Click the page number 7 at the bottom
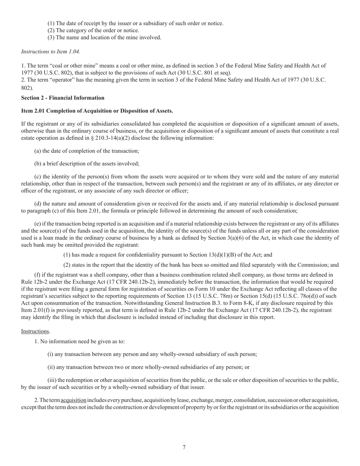[184, 447]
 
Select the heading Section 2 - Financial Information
[63, 98]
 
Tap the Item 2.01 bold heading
[97, 111]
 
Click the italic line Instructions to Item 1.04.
[50, 51]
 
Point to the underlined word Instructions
[35, 331]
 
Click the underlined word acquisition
[74, 400]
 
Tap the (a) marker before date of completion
[38, 151]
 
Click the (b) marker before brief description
[38, 164]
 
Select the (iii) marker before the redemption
[52, 380]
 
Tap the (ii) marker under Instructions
[51, 367]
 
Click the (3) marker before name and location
[51, 38]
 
